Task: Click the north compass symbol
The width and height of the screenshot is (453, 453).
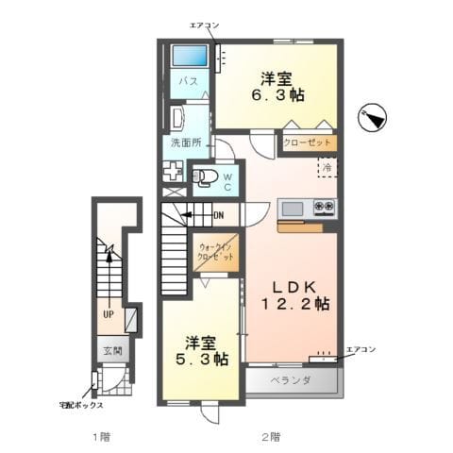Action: (x=374, y=118)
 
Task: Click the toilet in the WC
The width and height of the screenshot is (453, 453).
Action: (x=207, y=176)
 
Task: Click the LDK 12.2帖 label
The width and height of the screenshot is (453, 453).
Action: (x=295, y=294)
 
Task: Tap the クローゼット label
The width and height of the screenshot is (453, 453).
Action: (x=309, y=143)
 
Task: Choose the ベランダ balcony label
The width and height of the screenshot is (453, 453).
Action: (x=291, y=380)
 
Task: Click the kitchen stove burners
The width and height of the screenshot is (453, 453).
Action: (x=325, y=206)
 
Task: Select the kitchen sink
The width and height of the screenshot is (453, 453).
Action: (x=293, y=207)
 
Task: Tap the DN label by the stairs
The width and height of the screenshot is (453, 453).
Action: (x=217, y=215)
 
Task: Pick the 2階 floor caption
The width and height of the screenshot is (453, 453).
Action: (x=271, y=436)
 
